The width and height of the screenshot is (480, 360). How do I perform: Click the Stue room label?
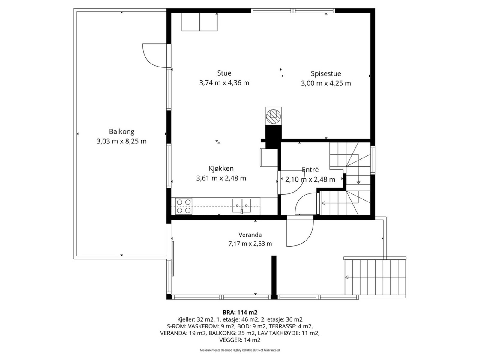(224, 73)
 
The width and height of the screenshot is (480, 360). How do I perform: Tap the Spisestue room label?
(326, 74)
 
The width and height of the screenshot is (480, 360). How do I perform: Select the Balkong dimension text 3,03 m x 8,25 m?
(121, 141)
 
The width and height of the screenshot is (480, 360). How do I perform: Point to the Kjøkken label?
(221, 169)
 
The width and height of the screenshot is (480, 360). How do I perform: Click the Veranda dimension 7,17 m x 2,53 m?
(250, 244)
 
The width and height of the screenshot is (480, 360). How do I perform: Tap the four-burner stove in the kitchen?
(184, 206)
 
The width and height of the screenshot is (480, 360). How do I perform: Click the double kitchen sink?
(241, 205)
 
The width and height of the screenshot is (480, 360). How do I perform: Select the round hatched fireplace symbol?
(273, 116)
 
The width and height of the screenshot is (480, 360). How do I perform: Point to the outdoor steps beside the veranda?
(375, 277)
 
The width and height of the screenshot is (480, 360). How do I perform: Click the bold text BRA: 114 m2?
(240, 312)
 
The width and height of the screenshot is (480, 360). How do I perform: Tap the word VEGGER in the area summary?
(229, 340)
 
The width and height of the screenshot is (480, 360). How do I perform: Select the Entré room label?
(310, 169)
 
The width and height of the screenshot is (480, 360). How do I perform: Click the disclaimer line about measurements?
(240, 350)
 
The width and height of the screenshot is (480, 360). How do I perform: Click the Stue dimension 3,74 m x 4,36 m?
(224, 83)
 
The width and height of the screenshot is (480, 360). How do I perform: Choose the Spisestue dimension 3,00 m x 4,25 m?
(326, 83)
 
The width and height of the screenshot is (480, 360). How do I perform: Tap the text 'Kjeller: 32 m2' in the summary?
(195, 319)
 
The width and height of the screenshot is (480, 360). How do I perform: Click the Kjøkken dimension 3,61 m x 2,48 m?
(221, 178)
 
